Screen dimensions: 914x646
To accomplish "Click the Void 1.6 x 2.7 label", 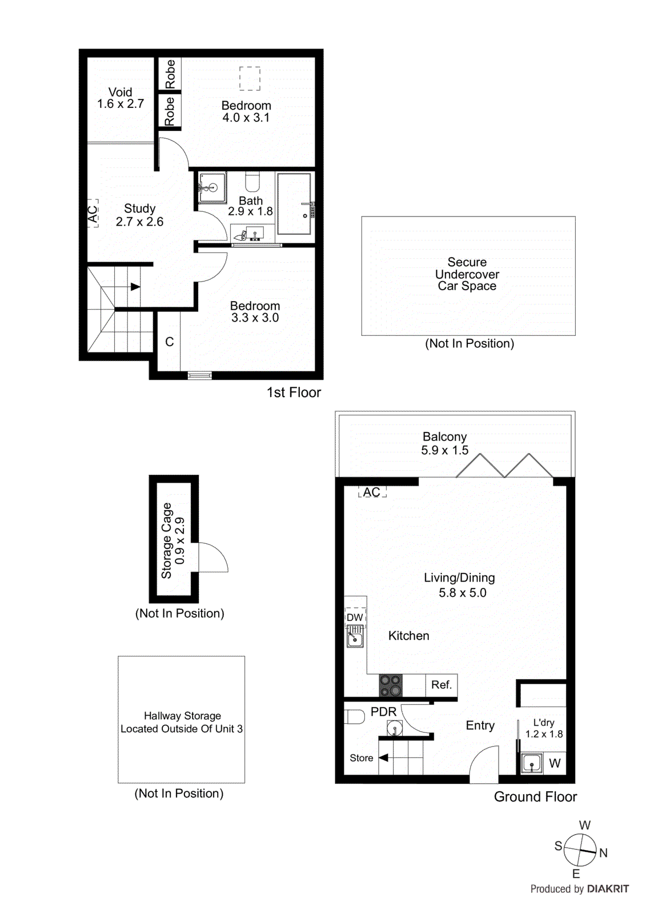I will [121, 98].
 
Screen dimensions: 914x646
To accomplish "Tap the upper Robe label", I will [170, 74].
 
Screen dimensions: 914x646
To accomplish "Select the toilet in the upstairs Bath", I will [252, 182].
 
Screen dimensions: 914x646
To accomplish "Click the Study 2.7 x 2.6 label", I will [139, 215].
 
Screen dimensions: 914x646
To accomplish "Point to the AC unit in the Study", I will [93, 214].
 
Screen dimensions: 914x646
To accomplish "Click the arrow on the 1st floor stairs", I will [135, 287].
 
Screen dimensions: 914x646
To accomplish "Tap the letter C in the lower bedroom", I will [170, 342].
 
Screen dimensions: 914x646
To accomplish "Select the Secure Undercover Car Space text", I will [467, 274].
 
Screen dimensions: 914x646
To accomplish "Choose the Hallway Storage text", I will [182, 722].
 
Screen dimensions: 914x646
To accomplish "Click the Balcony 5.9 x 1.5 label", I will [444, 443].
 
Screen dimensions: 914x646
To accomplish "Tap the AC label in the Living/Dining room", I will [372, 492].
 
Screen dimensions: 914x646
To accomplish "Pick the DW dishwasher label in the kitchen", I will [355, 617].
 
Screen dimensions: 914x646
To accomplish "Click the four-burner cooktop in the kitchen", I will [391, 685].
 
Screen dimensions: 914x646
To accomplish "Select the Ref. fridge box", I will [442, 684].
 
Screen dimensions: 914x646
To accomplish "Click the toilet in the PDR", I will [355, 716].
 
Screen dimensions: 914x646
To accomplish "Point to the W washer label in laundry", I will [555, 763].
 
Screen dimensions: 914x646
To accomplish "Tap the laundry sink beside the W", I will [532, 763].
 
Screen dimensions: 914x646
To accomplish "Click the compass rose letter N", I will [603, 852].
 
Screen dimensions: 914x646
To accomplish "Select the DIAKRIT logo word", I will [608, 889].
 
